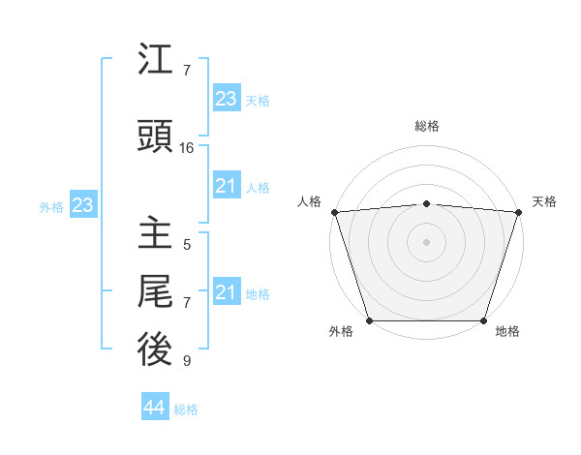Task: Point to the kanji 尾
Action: tap(155, 291)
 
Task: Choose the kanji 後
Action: tap(155, 349)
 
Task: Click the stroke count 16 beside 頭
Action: tap(187, 148)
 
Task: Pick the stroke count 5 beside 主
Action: tap(187, 245)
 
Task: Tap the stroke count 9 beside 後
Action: tap(187, 361)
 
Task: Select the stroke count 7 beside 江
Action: tap(187, 71)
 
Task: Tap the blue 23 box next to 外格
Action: tap(82, 205)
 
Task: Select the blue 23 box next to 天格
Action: tap(227, 99)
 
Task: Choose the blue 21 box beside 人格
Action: tap(227, 186)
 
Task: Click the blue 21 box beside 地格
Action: tap(227, 292)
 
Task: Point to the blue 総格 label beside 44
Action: tap(186, 409)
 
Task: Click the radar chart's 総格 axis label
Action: tap(426, 126)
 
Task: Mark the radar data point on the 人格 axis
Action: tap(334, 212)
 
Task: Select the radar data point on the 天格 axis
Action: tap(518, 212)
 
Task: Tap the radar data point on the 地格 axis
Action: tap(483, 320)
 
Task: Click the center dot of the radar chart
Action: tap(426, 241)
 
